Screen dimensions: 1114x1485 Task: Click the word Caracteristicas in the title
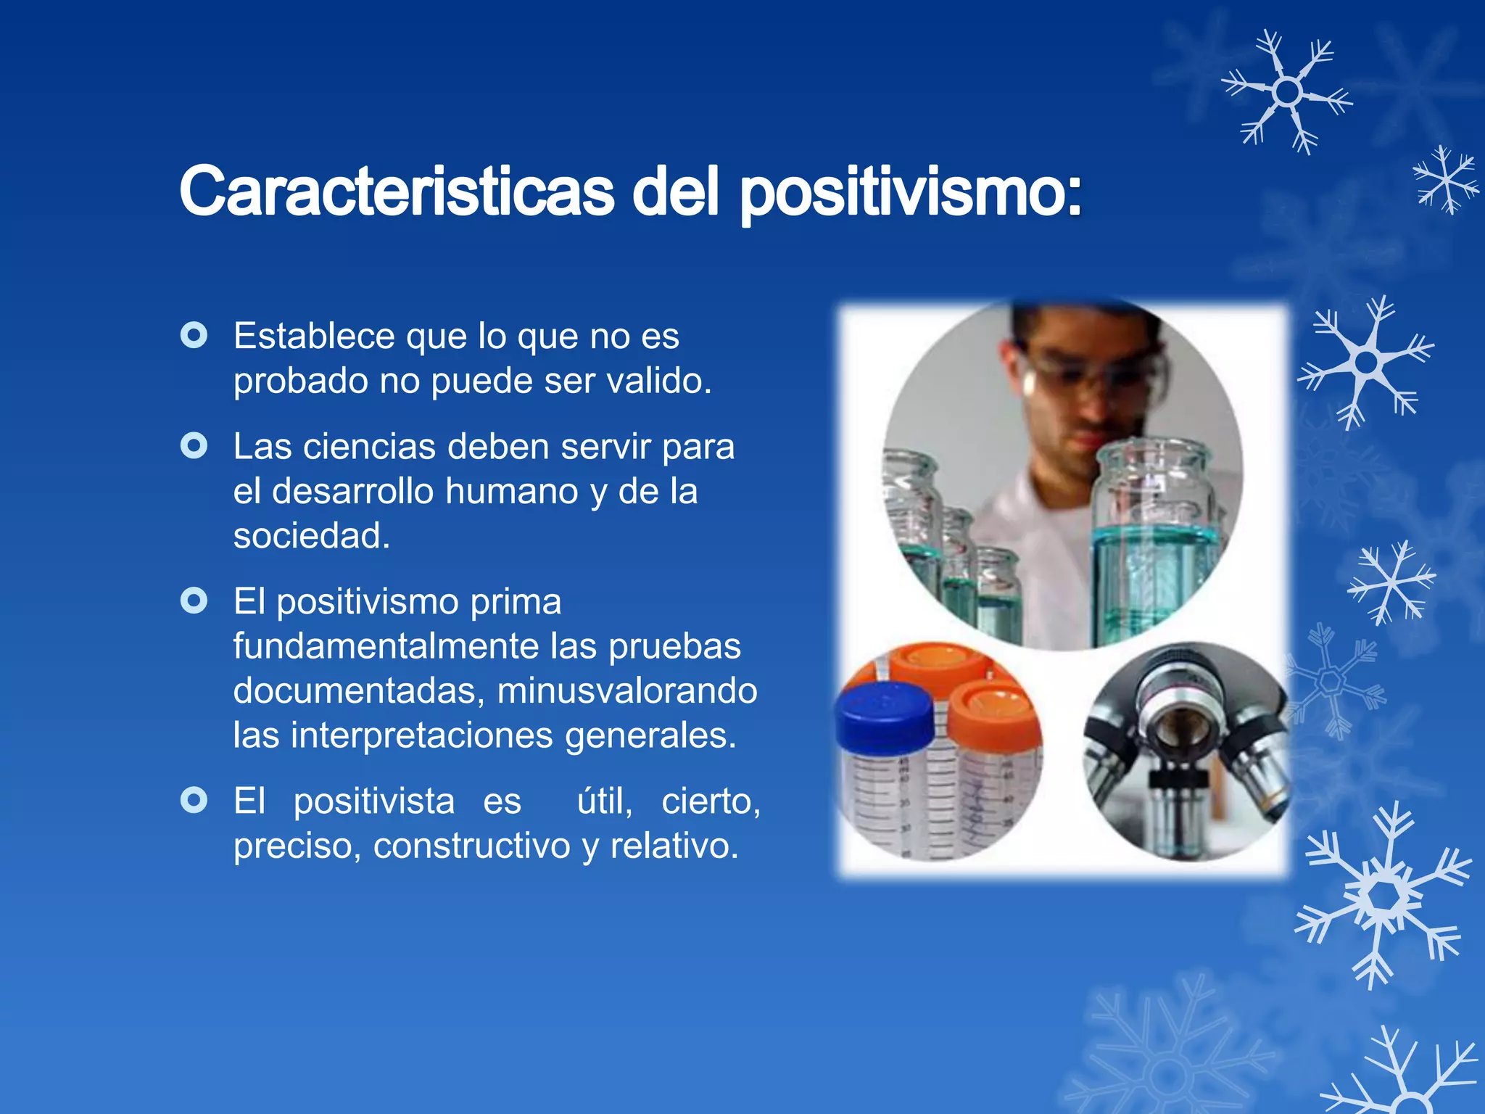coord(397,191)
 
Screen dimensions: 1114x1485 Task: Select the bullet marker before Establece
coord(194,335)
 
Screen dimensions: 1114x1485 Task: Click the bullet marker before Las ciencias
coord(194,445)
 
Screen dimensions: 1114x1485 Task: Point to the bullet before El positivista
coord(194,800)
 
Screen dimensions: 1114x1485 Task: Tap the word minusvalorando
coord(626,690)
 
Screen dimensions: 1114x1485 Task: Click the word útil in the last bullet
coord(603,801)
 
